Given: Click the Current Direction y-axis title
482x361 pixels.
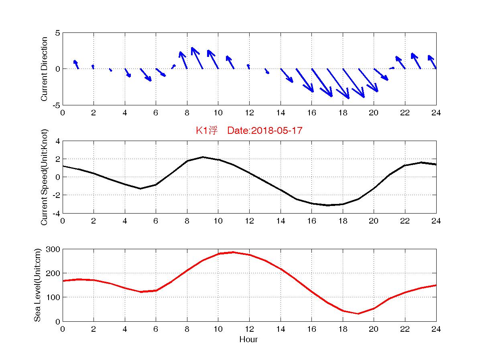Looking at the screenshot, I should [45, 69].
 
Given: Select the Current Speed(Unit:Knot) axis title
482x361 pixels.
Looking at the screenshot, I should [45, 177].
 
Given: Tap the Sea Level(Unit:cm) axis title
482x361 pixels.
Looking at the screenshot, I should [38, 285].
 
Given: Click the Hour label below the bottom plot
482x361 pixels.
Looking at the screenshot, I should [248, 340].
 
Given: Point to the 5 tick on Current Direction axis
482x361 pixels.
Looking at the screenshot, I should [57, 33].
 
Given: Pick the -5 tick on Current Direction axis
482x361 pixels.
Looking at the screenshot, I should [56, 105].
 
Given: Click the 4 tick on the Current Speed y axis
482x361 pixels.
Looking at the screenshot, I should [57, 141].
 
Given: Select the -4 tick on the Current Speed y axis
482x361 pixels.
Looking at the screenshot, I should [56, 213].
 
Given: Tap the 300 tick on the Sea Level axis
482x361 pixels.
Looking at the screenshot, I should [53, 249].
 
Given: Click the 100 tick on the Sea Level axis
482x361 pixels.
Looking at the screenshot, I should [53, 297].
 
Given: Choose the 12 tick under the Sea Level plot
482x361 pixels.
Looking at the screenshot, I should [249, 329].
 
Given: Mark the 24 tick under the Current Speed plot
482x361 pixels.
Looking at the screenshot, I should [436, 221].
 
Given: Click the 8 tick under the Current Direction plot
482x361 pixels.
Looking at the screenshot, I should [187, 113].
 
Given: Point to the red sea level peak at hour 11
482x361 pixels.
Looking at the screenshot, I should [234, 252].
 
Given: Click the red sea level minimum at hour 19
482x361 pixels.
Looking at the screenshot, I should [358, 314].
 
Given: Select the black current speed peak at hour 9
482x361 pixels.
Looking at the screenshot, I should [203, 157].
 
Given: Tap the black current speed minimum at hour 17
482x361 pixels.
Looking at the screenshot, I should [327, 205].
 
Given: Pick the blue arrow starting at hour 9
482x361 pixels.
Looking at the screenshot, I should [197, 58].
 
